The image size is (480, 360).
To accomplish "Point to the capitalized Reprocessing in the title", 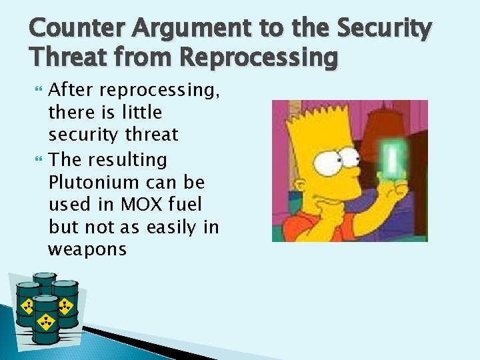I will coord(259,58).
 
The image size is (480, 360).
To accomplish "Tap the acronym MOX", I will coord(139,205).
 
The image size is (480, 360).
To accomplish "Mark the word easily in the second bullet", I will coord(172,227).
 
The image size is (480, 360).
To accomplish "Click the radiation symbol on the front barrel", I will coord(46,323).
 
